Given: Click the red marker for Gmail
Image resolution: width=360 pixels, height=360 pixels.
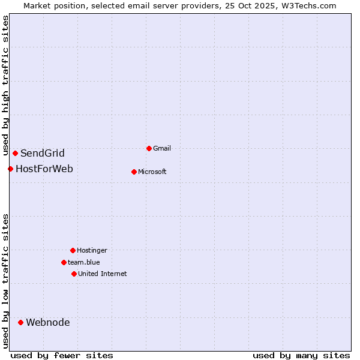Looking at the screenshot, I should (x=149, y=148).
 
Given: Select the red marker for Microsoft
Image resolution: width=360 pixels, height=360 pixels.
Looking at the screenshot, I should (x=134, y=172).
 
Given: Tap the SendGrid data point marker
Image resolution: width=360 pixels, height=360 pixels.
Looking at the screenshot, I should (x=15, y=153).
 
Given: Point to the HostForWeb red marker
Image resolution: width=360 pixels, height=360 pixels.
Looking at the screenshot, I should (x=10, y=169).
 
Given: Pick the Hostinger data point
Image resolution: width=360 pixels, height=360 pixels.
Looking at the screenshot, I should (x=73, y=250).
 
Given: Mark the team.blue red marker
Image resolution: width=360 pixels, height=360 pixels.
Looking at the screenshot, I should (x=64, y=262).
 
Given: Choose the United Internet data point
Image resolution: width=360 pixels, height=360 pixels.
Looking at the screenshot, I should (x=74, y=274).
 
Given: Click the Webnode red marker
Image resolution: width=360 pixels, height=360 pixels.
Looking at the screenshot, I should (x=20, y=322).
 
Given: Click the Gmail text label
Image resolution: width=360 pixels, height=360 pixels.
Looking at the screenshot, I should (x=162, y=148).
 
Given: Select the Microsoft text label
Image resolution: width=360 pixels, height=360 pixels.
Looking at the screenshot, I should (x=152, y=172).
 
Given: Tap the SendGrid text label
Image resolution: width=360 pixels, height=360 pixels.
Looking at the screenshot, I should (x=43, y=153).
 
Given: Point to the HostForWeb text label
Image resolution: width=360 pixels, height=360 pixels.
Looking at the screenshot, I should (x=44, y=169).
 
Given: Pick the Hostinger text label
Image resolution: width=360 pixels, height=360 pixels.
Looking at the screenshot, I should (x=92, y=250).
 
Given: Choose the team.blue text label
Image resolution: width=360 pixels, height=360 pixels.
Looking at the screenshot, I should (x=84, y=262).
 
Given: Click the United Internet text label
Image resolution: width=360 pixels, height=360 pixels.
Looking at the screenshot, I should (x=103, y=274).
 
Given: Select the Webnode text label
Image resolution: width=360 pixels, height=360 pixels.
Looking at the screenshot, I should (x=48, y=322).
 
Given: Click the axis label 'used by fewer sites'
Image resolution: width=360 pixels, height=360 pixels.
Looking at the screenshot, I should (x=62, y=355).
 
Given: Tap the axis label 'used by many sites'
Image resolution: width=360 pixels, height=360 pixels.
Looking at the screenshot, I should (x=301, y=355).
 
